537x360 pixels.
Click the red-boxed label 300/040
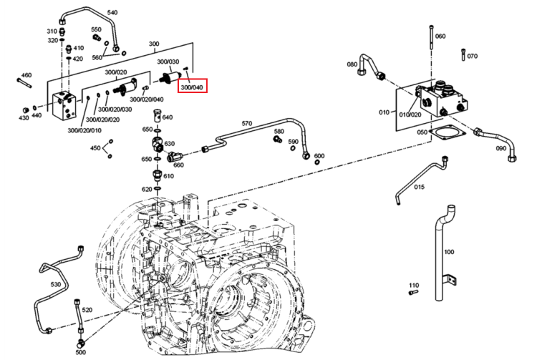[192, 87]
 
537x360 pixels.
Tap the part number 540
[112, 13]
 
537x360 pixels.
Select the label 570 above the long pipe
[247, 124]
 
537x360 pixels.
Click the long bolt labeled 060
[431, 37]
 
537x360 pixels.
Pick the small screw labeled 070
[463, 54]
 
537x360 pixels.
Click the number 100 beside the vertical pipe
[449, 252]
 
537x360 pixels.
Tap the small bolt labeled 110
[414, 293]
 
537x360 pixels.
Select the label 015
[419, 187]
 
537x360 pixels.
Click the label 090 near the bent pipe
[501, 149]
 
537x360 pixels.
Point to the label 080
[352, 64]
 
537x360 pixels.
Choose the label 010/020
[410, 115]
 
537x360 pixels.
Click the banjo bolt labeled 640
[158, 115]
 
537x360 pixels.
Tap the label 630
[169, 144]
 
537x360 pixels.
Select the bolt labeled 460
[24, 83]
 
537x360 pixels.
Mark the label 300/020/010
[84, 130]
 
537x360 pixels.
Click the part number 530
[55, 284]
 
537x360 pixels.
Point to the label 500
[80, 352]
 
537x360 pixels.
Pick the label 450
[95, 148]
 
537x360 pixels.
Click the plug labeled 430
[25, 110]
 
